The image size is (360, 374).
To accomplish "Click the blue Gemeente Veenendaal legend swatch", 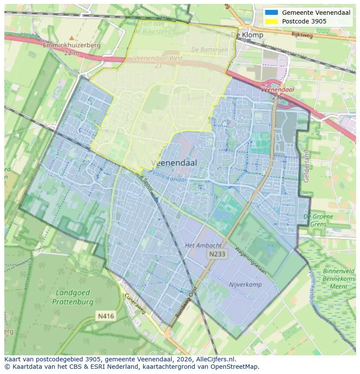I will pyautogui.click(x=271, y=13).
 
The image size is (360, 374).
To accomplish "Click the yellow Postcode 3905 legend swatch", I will pyautogui.click(x=271, y=21).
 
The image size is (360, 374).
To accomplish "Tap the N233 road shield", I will pyautogui.click(x=217, y=254).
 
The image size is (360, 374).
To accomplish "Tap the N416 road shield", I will pyautogui.click(x=106, y=316).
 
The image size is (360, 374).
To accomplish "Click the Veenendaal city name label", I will pyautogui.click(x=174, y=163).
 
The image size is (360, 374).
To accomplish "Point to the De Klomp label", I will pyautogui.click(x=247, y=35).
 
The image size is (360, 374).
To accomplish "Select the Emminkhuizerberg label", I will pyautogui.click(x=72, y=45).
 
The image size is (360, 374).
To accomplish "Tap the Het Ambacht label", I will pyautogui.click(x=203, y=245).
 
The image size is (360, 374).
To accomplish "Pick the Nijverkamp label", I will pyautogui.click(x=245, y=285).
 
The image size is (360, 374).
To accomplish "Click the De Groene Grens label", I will pyautogui.click(x=318, y=220).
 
